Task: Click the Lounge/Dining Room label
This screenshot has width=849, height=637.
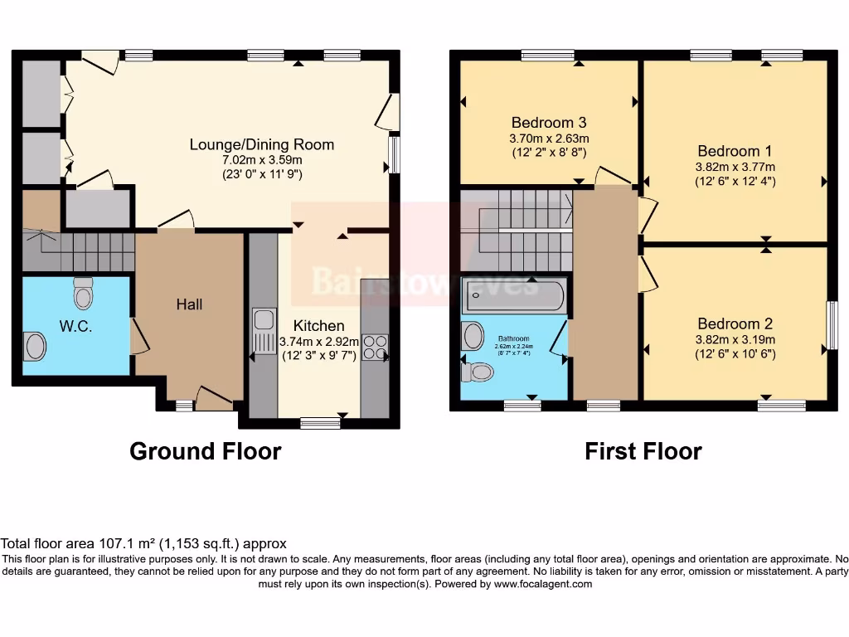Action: tap(262, 144)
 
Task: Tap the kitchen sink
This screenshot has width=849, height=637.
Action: tap(264, 330)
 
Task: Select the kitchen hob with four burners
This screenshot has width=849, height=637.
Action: tap(375, 347)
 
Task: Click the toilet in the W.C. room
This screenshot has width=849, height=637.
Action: tap(83, 293)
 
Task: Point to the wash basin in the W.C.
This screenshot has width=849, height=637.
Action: tap(34, 346)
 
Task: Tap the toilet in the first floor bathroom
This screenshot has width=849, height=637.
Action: tap(477, 372)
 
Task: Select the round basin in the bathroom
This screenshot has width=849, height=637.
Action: tap(473, 336)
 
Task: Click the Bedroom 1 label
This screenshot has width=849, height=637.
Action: tap(735, 151)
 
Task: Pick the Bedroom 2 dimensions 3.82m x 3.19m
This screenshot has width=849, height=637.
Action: tap(735, 339)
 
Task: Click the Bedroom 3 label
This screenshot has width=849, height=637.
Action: tap(549, 123)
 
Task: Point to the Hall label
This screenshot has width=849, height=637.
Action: tap(189, 304)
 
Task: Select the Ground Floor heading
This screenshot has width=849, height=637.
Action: tap(205, 451)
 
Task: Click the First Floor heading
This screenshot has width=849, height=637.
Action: tap(643, 451)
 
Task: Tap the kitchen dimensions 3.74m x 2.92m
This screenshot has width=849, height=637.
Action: tap(318, 341)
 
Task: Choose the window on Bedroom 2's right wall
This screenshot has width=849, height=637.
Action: tap(832, 326)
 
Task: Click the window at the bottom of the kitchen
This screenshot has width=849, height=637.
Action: tap(320, 423)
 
